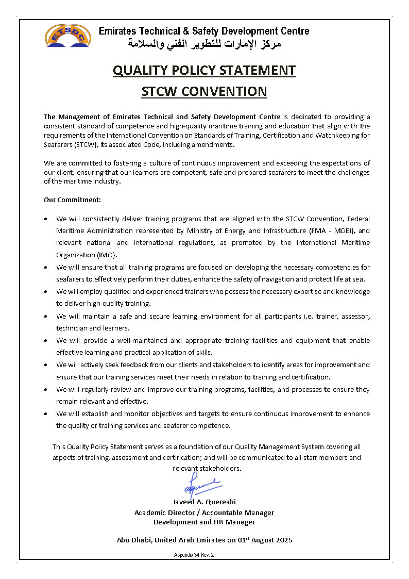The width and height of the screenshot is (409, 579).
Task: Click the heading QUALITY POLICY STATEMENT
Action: pos(204,70)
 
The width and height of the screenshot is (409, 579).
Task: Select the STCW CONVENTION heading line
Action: pos(204,91)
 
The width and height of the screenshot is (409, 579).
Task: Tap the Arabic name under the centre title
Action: pos(204,44)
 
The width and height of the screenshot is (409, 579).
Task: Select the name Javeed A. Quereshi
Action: pos(204,502)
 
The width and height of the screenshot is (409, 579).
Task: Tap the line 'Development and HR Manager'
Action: pos(204,522)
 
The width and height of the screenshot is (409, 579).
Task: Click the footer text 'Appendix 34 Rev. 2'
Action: pos(194,555)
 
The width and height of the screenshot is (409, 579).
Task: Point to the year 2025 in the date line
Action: pos(283,540)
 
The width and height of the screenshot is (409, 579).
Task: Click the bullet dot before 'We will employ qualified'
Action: pos(47,292)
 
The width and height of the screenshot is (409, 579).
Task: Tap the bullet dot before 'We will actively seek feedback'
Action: pos(47,365)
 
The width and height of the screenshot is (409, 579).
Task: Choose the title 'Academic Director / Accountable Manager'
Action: pos(204,512)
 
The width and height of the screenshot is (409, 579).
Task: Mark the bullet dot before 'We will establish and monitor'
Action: pos(47,414)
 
